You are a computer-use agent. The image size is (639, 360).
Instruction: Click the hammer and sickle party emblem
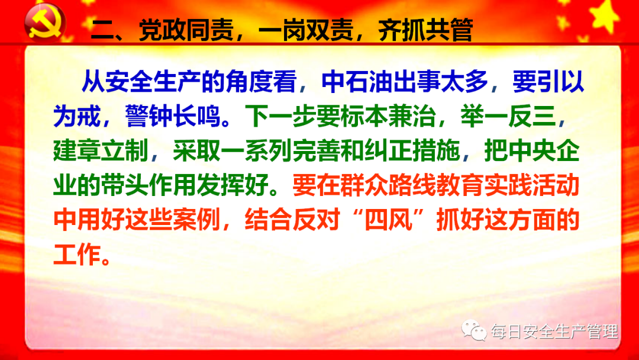tap(44, 22)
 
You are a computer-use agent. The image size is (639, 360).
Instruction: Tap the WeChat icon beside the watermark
tap(473, 330)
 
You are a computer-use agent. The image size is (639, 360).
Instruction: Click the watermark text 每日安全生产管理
tap(554, 332)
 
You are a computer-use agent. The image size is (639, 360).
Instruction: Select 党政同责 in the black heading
tap(186, 30)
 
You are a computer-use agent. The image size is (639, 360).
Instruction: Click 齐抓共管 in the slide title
tap(425, 30)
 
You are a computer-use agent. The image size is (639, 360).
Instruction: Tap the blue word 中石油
tap(357, 82)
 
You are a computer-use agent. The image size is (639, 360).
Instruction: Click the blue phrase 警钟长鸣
tap(173, 116)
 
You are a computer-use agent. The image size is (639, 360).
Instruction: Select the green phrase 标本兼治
tap(388, 116)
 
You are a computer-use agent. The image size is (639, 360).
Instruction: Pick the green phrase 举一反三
tap(508, 116)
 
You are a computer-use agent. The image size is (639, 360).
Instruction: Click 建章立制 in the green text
tap(101, 151)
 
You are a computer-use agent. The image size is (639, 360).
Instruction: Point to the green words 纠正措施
tap(412, 151)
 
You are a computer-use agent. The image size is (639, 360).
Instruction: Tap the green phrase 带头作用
tap(149, 186)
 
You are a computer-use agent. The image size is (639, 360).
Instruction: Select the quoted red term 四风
tap(388, 221)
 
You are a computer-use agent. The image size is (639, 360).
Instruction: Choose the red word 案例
tap(196, 221)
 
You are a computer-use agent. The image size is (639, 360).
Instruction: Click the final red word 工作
tap(77, 255)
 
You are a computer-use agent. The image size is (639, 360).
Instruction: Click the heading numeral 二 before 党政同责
tap(102, 30)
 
